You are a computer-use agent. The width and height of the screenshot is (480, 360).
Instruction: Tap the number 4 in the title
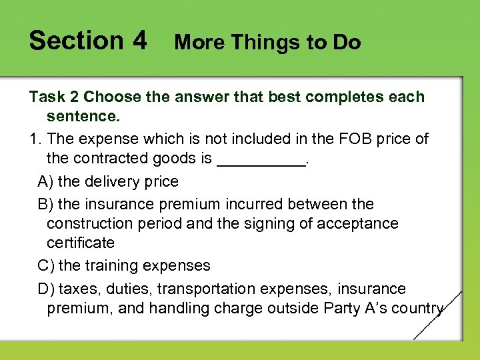point(139,41)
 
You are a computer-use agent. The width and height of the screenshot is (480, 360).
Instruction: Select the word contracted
point(112,159)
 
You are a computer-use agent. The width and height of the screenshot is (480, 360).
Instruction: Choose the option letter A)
point(47,181)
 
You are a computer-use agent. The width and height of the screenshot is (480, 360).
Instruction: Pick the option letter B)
point(47,204)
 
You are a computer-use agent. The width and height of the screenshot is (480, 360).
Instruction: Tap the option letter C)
point(47,265)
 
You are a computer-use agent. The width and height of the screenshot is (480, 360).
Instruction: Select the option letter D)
point(47,289)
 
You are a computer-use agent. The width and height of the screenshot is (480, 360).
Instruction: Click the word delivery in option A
point(108,181)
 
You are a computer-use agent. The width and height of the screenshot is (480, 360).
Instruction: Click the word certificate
point(81,243)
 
